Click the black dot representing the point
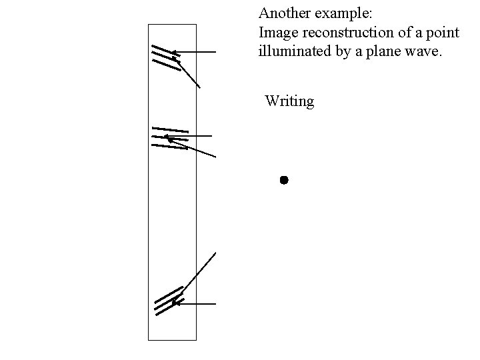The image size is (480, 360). click(283, 180)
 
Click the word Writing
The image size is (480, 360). click(289, 101)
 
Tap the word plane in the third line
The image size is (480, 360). click(382, 52)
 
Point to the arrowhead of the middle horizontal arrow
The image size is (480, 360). click(167, 139)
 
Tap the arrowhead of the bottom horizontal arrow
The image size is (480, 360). click(175, 303)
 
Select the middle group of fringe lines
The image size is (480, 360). click(169, 137)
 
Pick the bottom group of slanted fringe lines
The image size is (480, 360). click(168, 301)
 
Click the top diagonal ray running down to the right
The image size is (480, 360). click(189, 74)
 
